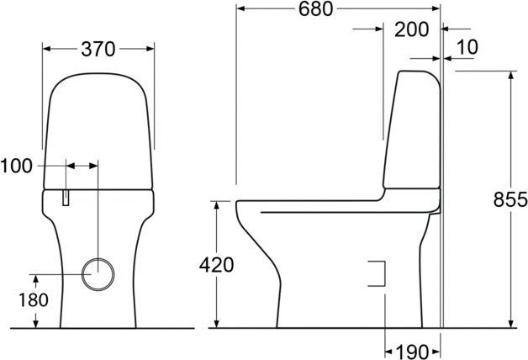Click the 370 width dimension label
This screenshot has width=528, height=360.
point(98,50)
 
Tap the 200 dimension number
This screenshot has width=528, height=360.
point(412,29)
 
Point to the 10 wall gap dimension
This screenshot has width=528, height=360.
point(468,47)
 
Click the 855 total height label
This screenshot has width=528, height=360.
point(510,199)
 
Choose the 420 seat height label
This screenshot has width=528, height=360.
point(216,264)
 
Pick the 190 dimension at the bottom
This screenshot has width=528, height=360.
point(412,348)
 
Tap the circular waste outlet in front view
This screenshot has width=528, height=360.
point(98,273)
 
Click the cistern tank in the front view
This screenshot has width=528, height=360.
point(98,126)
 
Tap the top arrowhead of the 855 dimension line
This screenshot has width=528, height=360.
point(510,74)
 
